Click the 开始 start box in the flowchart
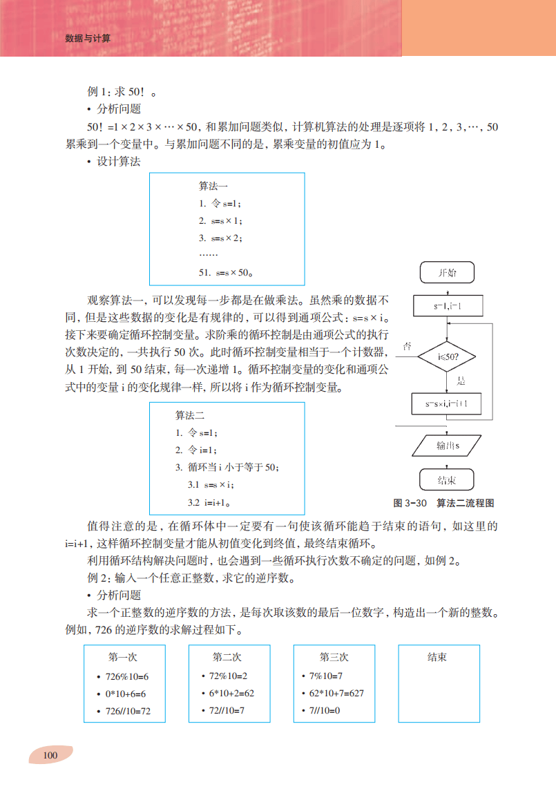tap(447, 273)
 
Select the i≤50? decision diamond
tap(447, 358)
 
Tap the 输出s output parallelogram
tap(447, 446)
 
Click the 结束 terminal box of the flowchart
tap(447, 480)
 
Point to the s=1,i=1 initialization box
tap(447, 305)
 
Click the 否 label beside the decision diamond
tap(408, 346)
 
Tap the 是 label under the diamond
tap(461, 381)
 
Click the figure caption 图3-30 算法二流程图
tap(443, 503)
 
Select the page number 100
tap(50, 754)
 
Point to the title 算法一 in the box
tap(213, 186)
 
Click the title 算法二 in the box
tap(190, 415)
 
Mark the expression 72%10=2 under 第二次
tap(228, 676)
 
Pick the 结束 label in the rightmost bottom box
tap(437, 657)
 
